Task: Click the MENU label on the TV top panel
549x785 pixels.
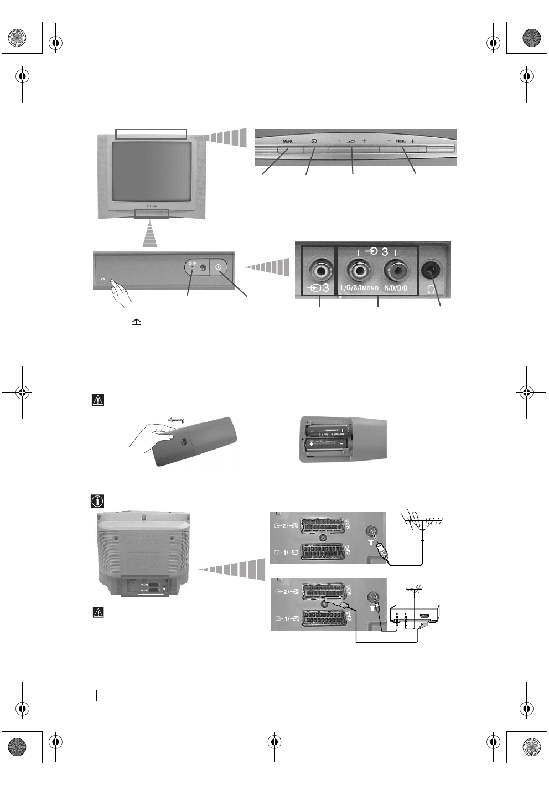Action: (288, 141)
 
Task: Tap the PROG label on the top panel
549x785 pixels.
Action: (401, 141)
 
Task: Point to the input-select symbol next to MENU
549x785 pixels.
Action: (313, 141)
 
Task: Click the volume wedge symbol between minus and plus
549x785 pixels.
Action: (351, 141)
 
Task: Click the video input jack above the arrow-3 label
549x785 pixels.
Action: (319, 271)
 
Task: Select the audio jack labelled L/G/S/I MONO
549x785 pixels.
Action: (359, 271)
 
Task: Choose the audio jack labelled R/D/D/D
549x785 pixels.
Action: (395, 271)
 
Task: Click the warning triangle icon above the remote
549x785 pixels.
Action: (97, 400)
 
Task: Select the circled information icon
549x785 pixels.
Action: (97, 501)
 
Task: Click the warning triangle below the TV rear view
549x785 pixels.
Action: (98, 612)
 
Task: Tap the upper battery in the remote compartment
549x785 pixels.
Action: (327, 430)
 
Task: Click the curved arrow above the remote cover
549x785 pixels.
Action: (176, 421)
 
